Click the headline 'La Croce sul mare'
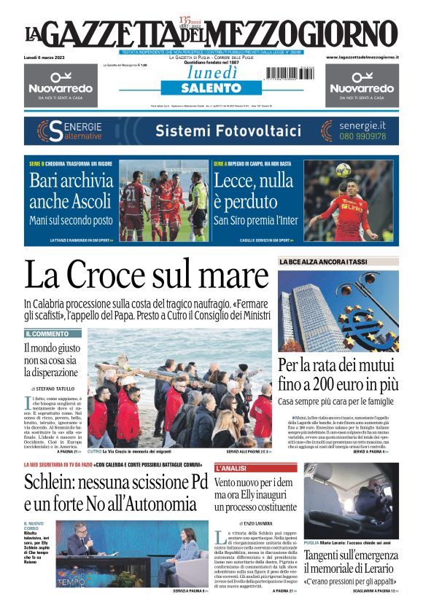(147, 276)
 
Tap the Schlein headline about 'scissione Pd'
(116, 491)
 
